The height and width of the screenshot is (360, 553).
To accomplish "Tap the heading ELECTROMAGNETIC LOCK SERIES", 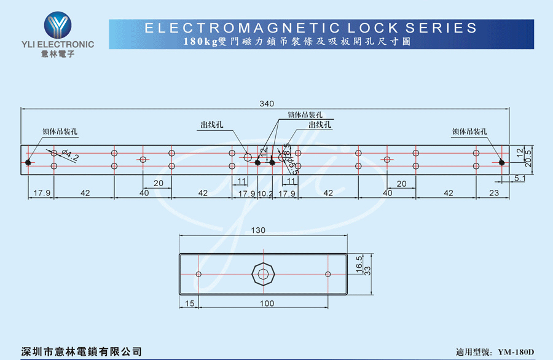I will point(310,28).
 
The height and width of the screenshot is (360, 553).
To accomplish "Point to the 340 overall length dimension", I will point(266,103).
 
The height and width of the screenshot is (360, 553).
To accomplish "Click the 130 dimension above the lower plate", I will point(258,230).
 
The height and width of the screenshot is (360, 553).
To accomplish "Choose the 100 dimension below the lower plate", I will point(266,303).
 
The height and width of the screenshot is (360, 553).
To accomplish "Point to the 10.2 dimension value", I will point(265,193).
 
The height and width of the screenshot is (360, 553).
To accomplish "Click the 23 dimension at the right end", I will point(494,193).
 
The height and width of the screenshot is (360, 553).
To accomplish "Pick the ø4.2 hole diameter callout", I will point(69,156).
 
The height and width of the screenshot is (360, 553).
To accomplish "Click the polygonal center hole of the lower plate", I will point(263,274).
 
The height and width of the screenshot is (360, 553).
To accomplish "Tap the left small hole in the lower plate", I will point(198,274).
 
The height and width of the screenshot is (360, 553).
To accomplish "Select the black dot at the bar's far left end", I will point(28,163).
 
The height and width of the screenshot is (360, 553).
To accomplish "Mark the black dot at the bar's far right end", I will point(501,163).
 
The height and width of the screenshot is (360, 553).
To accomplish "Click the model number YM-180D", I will point(516,352).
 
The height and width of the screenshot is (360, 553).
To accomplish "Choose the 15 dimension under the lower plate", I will point(189,303).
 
